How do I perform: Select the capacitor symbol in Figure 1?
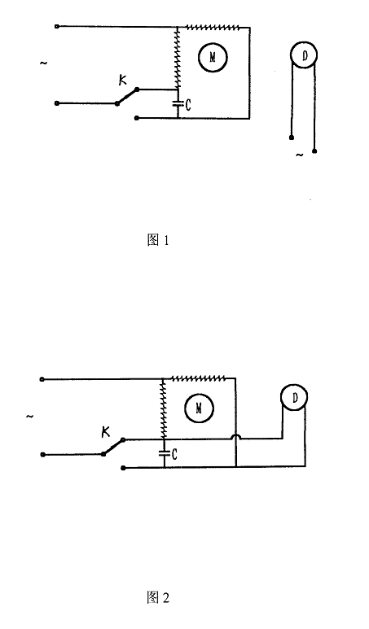(178, 104)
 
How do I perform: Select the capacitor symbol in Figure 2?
(165, 454)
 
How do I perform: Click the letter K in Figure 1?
(122, 80)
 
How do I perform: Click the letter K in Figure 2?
(105, 431)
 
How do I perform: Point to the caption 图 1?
(158, 240)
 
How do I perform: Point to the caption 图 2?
(158, 597)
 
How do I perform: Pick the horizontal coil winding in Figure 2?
(198, 378)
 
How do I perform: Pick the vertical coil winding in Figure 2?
(164, 408)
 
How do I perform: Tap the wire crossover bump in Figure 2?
(235, 436)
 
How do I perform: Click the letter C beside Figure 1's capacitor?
(188, 106)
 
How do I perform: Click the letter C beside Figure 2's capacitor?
(174, 455)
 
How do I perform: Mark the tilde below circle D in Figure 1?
(300, 155)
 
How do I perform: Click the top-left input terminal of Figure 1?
(57, 27)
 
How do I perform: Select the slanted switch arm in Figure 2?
(113, 447)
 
